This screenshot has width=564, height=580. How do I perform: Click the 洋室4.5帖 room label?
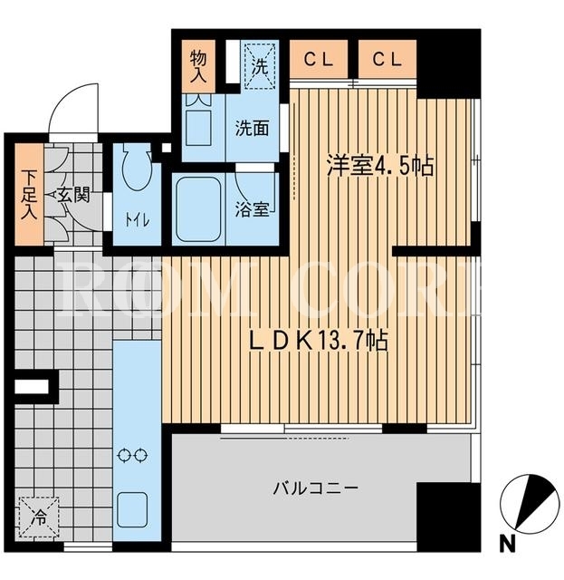coord(379,167)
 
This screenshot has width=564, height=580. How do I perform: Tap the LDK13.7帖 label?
coord(319,341)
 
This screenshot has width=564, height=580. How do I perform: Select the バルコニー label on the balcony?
coord(316,488)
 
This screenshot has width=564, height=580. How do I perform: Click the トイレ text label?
coord(137,220)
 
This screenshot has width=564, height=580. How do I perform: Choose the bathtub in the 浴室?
coord(198,209)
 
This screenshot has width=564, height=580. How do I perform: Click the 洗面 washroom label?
coord(252,129)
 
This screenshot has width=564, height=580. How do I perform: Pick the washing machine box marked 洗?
coord(260,66)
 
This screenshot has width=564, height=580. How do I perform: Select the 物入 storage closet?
coord(198,66)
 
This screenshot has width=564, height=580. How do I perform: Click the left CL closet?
coord(319,59)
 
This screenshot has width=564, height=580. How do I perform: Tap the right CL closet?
coord(387,59)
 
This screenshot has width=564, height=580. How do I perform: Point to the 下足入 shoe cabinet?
coord(29,194)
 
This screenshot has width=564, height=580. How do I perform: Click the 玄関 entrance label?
coord(74,195)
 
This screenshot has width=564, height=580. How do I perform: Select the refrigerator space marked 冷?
coord(39,517)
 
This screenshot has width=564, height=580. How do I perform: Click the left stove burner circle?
coord(124,455)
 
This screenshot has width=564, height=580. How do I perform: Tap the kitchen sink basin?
coord(132,510)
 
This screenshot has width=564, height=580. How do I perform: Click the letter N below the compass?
coord(508,545)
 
